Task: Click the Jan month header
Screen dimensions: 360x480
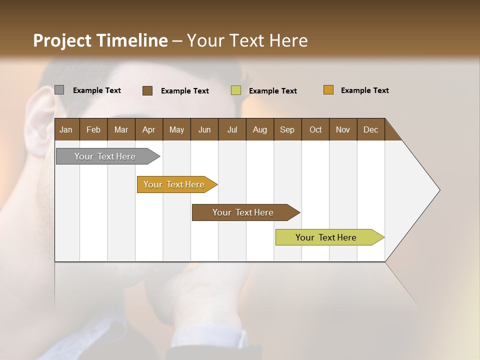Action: click(x=66, y=129)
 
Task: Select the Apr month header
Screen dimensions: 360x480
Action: click(x=148, y=129)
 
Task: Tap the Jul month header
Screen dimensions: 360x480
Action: click(x=232, y=129)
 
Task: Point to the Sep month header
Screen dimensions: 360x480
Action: click(x=287, y=129)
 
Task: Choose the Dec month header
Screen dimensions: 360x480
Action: click(x=370, y=129)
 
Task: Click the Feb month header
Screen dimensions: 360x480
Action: click(x=93, y=129)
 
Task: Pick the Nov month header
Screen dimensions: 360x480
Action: click(x=342, y=129)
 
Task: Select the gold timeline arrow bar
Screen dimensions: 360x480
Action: click(x=175, y=184)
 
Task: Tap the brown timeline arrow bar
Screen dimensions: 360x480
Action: click(x=243, y=212)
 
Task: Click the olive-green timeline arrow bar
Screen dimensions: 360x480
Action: click(x=327, y=237)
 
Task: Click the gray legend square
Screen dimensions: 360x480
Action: click(x=59, y=90)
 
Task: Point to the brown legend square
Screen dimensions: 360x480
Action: click(x=147, y=90)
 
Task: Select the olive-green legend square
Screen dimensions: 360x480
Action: click(x=236, y=90)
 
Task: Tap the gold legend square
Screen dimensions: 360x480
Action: click(x=328, y=90)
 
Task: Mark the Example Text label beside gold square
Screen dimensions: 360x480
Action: click(x=364, y=90)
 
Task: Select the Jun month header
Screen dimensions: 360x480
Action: click(x=204, y=129)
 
